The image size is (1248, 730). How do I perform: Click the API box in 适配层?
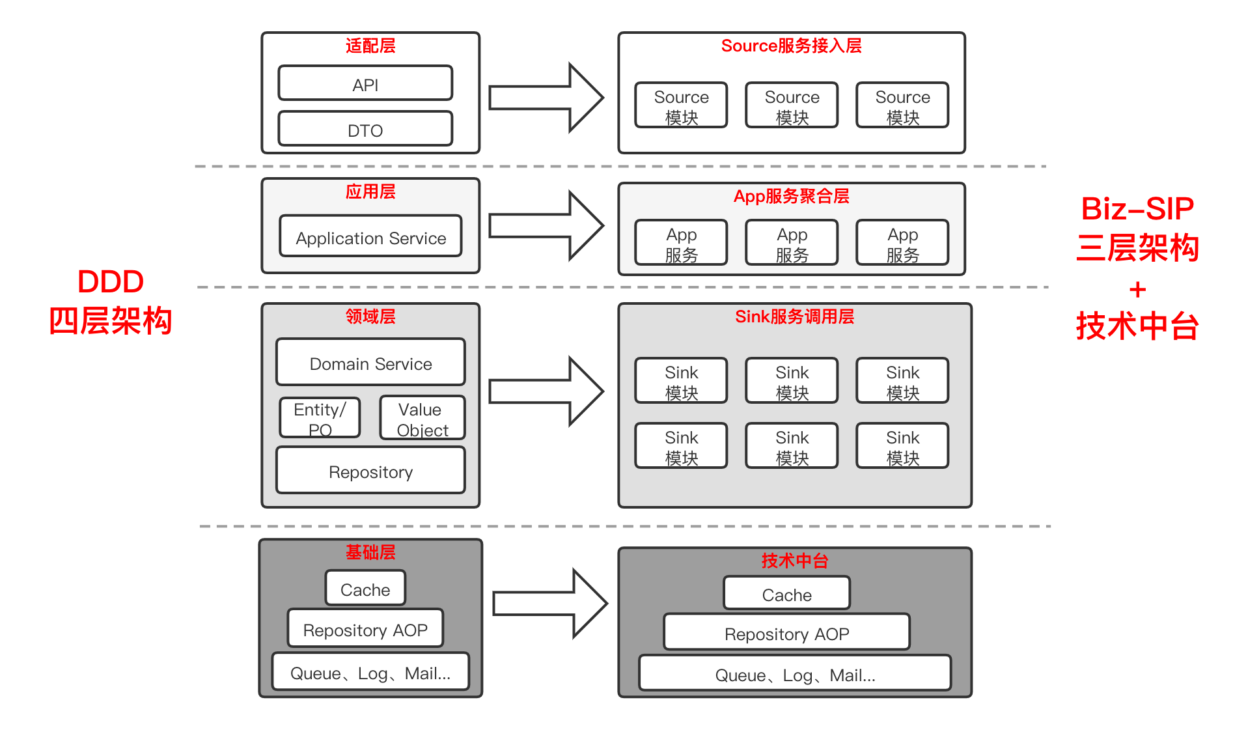[x=365, y=83]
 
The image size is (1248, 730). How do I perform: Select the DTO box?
[x=365, y=129]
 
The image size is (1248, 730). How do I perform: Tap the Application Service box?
[x=370, y=236]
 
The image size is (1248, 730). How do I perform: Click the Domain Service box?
[x=370, y=362]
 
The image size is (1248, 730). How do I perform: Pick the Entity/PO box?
[x=320, y=418]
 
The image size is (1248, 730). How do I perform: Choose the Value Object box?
[x=422, y=418]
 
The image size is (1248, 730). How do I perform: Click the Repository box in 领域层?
[x=370, y=470]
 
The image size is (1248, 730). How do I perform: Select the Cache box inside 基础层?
[x=365, y=588]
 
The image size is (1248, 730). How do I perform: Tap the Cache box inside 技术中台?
[x=786, y=593]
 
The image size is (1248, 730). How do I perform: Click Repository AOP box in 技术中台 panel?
[x=786, y=632]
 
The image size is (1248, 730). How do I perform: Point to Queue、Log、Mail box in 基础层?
[x=370, y=671]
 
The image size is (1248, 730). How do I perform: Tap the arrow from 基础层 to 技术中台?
[x=549, y=603]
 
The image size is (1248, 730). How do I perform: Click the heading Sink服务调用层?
[x=794, y=316]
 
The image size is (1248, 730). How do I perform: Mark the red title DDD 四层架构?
[x=111, y=302]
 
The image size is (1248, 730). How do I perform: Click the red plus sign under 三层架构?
[x=1137, y=289]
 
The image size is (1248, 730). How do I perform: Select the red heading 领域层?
[x=370, y=316]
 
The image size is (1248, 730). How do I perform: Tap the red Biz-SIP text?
[x=1137, y=209]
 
